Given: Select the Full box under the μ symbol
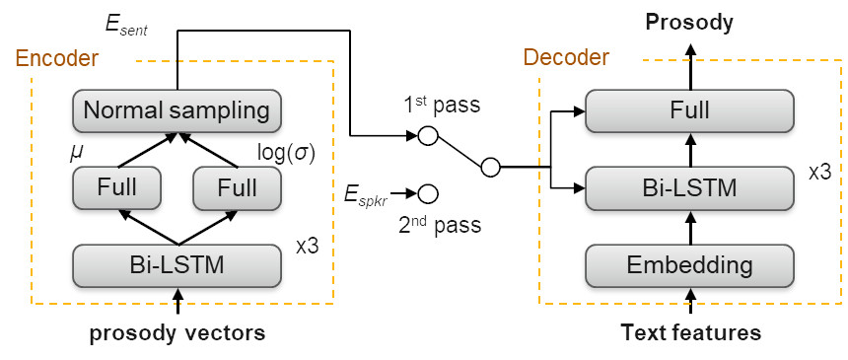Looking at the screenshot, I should click(x=117, y=186).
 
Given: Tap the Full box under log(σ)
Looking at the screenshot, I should click(x=237, y=186).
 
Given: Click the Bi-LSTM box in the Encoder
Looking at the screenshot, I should click(x=177, y=263).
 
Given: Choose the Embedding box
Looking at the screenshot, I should click(x=690, y=264).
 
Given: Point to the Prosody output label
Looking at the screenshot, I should click(x=690, y=21).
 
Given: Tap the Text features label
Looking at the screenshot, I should click(x=690, y=332).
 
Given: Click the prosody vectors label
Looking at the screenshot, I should click(x=177, y=333).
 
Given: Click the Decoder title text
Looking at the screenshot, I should click(x=565, y=58).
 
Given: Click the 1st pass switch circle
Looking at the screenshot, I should click(x=428, y=136).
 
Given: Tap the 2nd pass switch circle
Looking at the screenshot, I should click(x=428, y=192).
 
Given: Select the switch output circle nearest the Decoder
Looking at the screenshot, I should click(x=490, y=169).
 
